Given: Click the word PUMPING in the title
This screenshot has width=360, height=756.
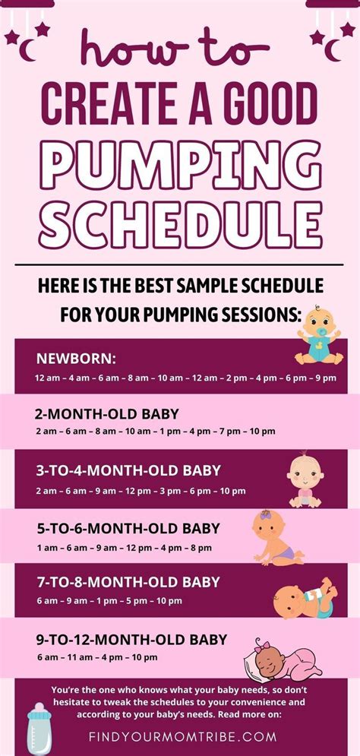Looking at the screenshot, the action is pyautogui.click(x=180, y=166).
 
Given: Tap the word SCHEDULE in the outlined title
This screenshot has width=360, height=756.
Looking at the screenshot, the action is pyautogui.click(x=180, y=225).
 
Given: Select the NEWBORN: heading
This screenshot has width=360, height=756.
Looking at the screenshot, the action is pyautogui.click(x=77, y=359).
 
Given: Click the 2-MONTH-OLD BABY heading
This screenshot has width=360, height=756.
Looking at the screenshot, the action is pyautogui.click(x=106, y=413).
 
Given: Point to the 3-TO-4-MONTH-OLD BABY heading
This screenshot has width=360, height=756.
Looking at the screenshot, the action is pyautogui.click(x=128, y=470).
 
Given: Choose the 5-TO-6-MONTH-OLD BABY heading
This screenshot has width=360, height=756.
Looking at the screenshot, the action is pyautogui.click(x=128, y=528).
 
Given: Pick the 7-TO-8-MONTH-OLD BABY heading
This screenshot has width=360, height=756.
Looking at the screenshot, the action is pyautogui.click(x=128, y=582).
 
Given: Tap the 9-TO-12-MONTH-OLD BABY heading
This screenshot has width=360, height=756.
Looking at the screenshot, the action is pyautogui.click(x=132, y=640).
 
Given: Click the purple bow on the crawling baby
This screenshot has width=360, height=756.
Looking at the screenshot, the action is pyautogui.click(x=265, y=515).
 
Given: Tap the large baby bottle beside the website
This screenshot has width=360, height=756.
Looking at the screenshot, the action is pyautogui.click(x=39, y=728).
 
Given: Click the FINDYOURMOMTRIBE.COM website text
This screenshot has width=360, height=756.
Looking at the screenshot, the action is pyautogui.click(x=182, y=737).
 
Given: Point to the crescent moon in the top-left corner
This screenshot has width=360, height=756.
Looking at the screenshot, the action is pyautogui.click(x=27, y=49).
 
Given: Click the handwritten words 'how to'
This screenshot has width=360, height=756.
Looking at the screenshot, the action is pyautogui.click(x=175, y=47).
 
